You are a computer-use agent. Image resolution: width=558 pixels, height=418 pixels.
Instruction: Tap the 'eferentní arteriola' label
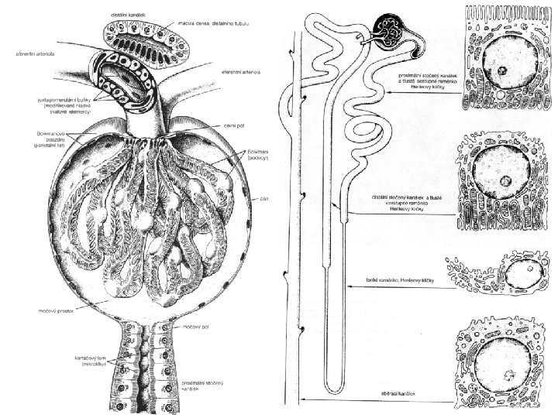[x=242, y=72]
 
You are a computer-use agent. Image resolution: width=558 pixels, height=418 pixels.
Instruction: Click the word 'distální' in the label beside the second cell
[x=383, y=199]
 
